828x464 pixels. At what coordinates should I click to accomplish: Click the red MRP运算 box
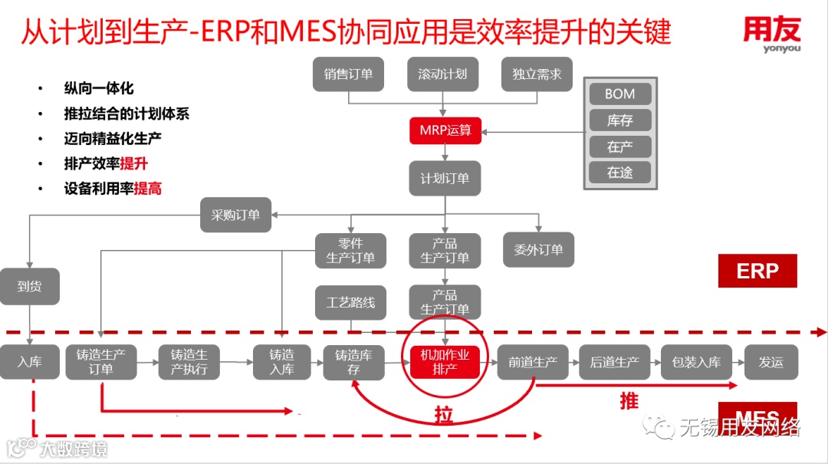coord(445,130)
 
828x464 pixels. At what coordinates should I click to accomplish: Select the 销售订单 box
coord(348,74)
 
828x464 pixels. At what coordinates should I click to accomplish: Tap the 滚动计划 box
coord(443,74)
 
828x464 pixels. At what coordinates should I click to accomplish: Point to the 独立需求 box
coord(537,74)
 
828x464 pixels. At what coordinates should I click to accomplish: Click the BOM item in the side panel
coord(619,94)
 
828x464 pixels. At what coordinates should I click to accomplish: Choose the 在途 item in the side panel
coord(619,173)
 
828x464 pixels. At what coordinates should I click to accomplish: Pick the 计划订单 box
coord(445,178)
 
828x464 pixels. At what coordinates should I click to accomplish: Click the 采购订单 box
coord(235,216)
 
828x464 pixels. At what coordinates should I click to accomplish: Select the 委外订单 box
coord(538,249)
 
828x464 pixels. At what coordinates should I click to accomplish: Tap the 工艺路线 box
coord(350,302)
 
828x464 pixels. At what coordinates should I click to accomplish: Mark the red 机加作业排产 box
coord(445,362)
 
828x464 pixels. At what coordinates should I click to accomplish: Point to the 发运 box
coord(770,362)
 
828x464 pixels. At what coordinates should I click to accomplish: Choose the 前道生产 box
coord(532,362)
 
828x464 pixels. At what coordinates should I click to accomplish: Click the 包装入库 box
coord(696,362)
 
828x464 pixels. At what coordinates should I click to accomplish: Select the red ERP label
coord(757,271)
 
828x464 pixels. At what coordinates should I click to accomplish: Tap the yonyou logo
coord(771,35)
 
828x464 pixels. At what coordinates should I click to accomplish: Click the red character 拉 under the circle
coord(442,416)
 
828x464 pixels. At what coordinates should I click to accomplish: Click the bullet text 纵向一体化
coord(99,88)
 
